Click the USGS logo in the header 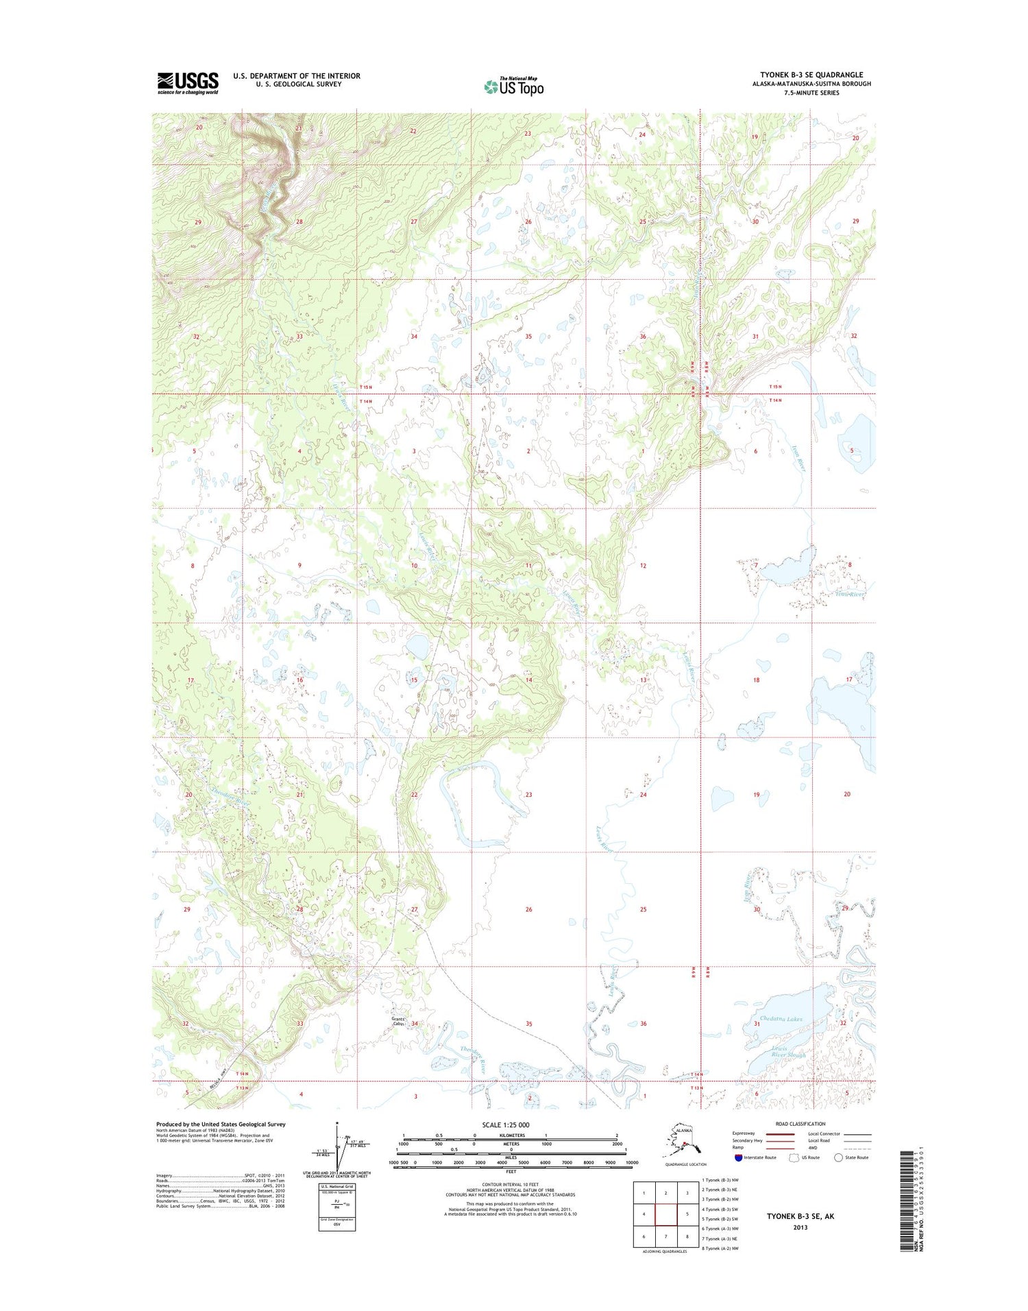tap(188, 83)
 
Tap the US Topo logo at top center tap(514, 86)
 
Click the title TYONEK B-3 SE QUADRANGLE tap(811, 75)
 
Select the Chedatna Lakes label tap(781, 1019)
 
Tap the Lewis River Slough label tap(787, 1052)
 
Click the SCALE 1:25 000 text tap(505, 1125)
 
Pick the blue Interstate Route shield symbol tap(738, 1157)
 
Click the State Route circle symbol tap(838, 1157)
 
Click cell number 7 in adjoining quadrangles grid tap(666, 1237)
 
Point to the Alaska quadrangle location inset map tap(683, 1142)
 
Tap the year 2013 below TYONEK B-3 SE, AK tap(799, 1227)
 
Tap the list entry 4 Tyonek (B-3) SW tap(720, 1210)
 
